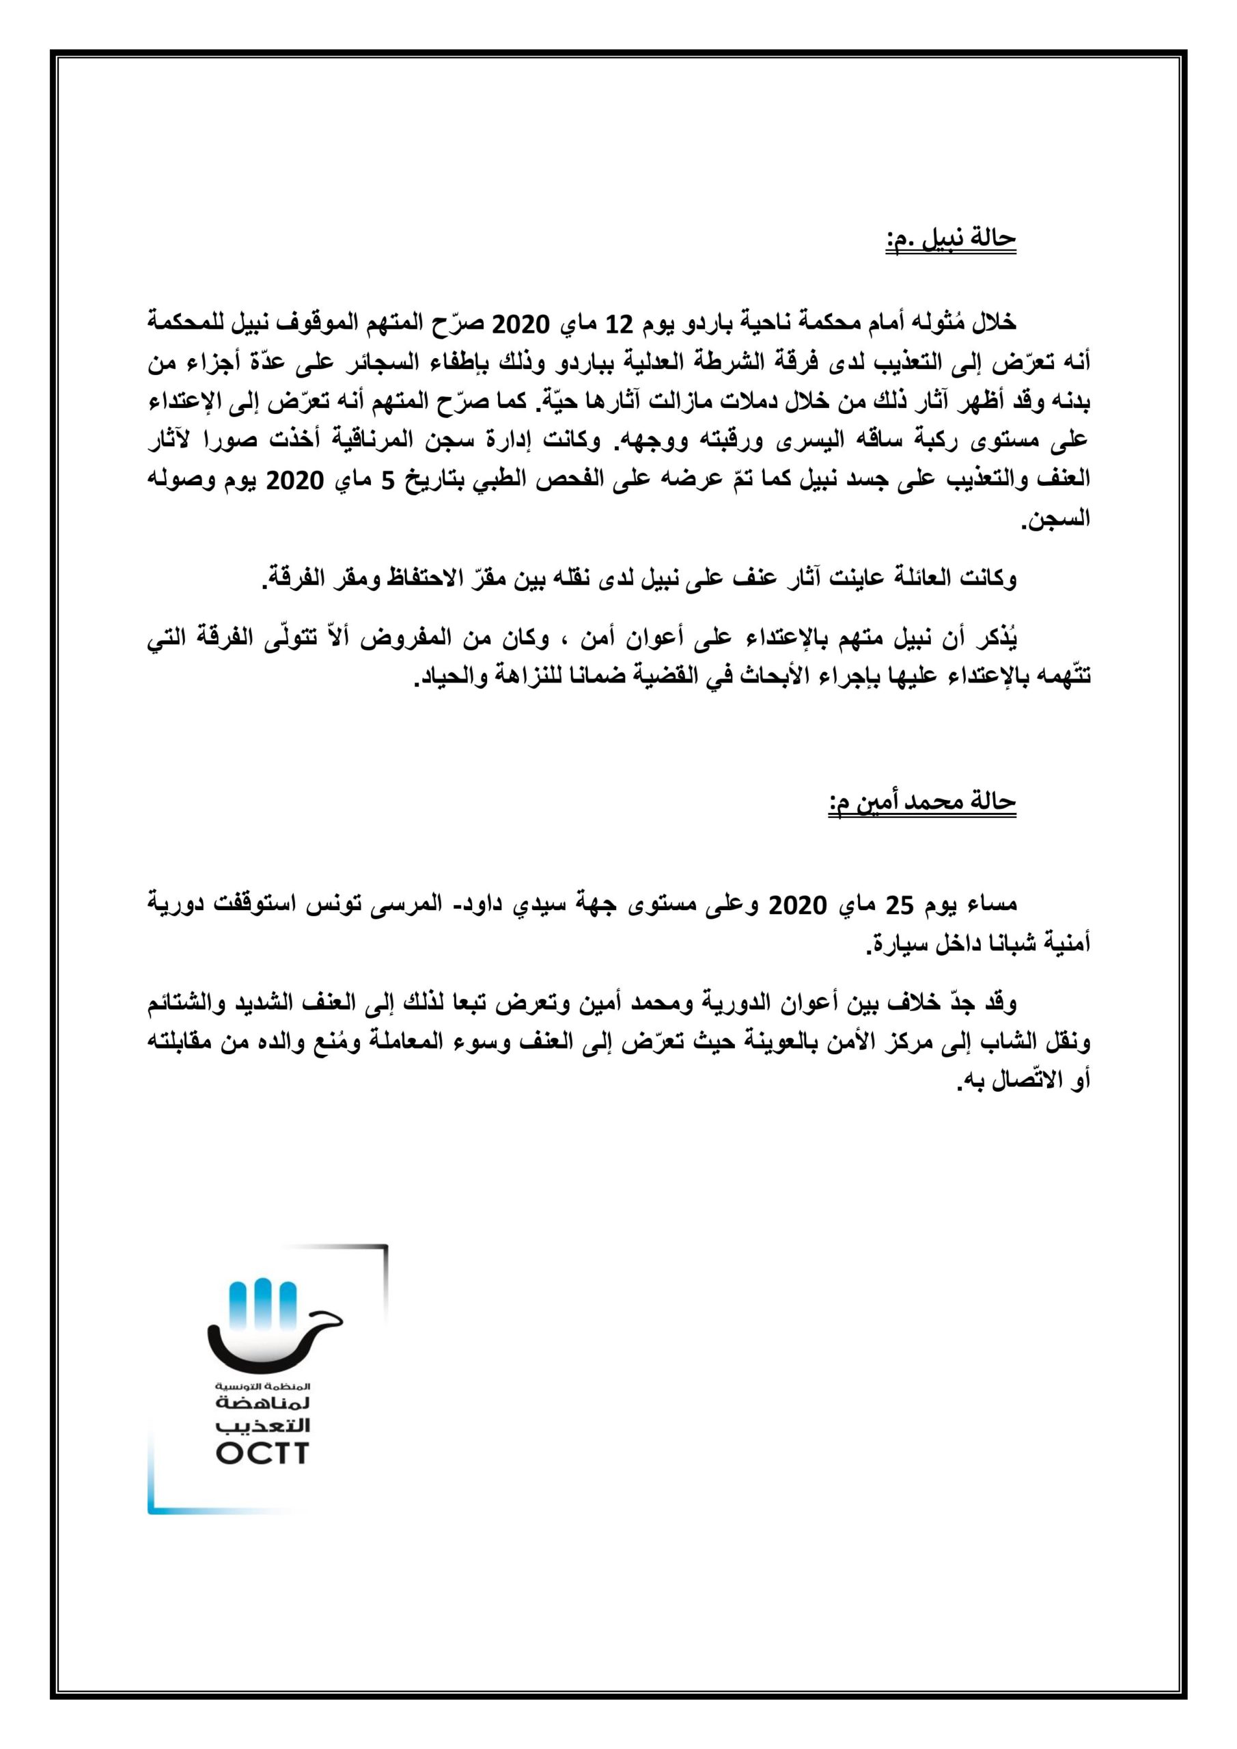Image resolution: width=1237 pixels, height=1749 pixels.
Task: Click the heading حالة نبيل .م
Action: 951,239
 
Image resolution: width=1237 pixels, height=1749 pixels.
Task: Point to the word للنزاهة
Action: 529,677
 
